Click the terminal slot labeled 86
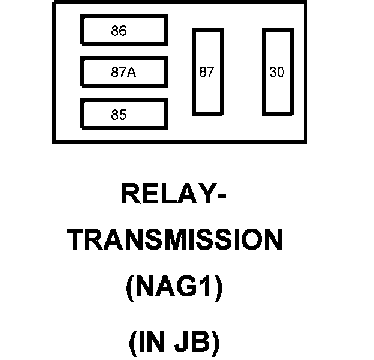click(124, 31)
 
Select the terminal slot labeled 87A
click(124, 73)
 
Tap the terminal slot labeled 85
click(124, 115)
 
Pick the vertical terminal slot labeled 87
click(207, 72)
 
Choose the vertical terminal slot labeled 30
click(277, 72)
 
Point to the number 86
click(119, 31)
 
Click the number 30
click(277, 73)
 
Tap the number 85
click(119, 115)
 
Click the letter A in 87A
click(131, 73)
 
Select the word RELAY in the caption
click(165, 194)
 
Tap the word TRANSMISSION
click(174, 241)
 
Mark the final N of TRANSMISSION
click(272, 241)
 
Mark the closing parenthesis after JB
click(214, 343)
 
